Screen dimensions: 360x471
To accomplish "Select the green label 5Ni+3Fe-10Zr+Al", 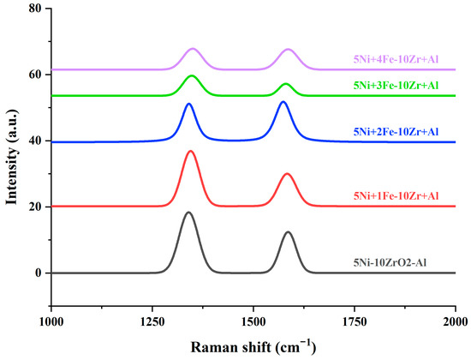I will click(x=400, y=86).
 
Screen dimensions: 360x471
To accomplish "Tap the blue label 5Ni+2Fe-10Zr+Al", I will click(x=400, y=131).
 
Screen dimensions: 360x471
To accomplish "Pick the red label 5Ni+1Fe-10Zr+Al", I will click(x=400, y=197).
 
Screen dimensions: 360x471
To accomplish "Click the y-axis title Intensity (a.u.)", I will click(x=13, y=159).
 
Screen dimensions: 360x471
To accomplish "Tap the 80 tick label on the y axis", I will click(x=34, y=9).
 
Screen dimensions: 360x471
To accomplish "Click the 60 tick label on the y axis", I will click(x=34, y=75).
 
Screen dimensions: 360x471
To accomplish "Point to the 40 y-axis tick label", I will click(x=34, y=141).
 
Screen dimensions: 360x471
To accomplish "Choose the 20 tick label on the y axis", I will click(x=34, y=207).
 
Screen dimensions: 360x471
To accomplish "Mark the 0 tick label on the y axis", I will click(x=38, y=273).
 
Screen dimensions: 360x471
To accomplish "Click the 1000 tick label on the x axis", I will click(x=51, y=321).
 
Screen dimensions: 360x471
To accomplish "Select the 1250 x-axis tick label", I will click(x=152, y=321).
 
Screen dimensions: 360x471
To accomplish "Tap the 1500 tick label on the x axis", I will click(x=253, y=321).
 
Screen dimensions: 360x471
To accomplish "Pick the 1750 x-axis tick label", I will click(x=355, y=321).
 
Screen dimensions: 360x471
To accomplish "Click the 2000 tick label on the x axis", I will click(x=455, y=321).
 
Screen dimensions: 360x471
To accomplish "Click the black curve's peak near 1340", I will click(x=188, y=212).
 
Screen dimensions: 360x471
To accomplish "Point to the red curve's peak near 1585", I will click(x=288, y=174).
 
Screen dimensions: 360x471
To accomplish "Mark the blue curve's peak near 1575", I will click(x=283, y=101).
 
